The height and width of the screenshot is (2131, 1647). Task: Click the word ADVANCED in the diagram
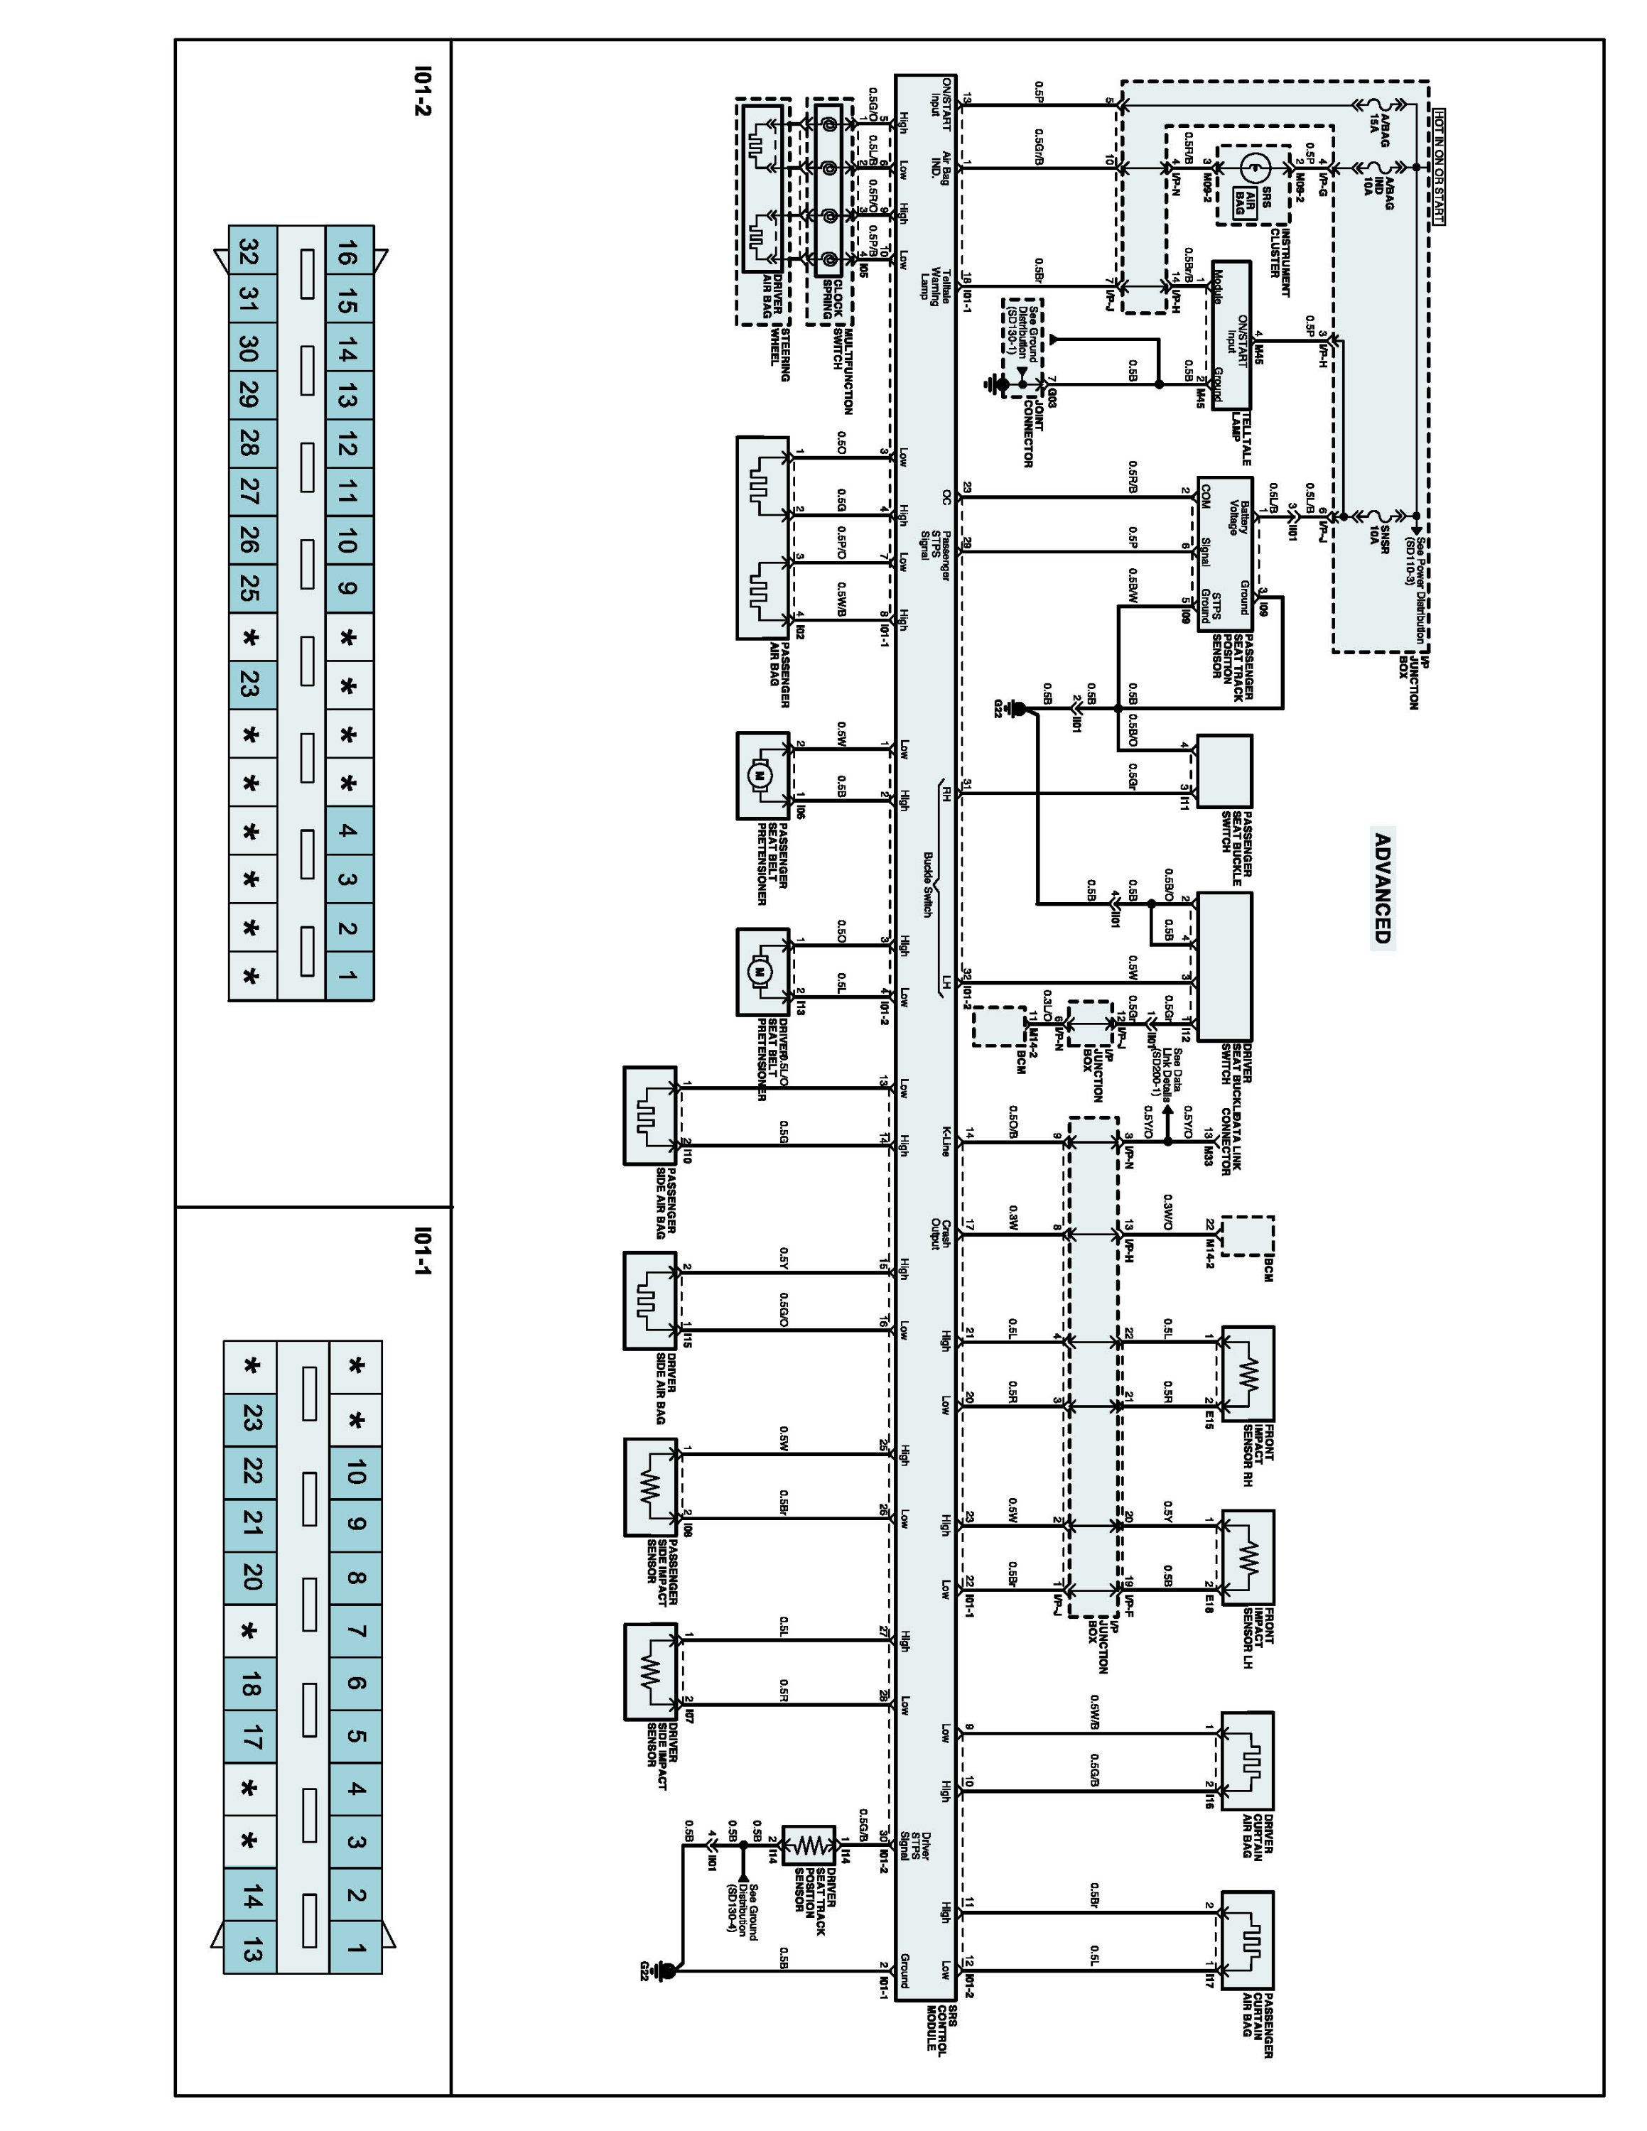click(1381, 887)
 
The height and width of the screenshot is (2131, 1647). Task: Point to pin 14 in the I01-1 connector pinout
click(251, 1898)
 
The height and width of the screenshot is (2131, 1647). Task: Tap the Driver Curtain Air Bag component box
click(1247, 1760)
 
